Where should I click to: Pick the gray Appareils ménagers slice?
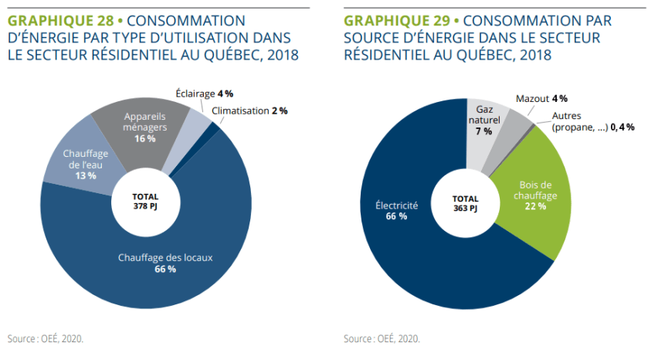[140, 127]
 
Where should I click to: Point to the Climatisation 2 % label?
[249, 110]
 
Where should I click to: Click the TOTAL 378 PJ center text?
[145, 202]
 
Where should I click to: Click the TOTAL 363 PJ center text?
[465, 203]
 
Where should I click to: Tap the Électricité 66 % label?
[396, 210]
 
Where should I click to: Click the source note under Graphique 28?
[46, 338]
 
